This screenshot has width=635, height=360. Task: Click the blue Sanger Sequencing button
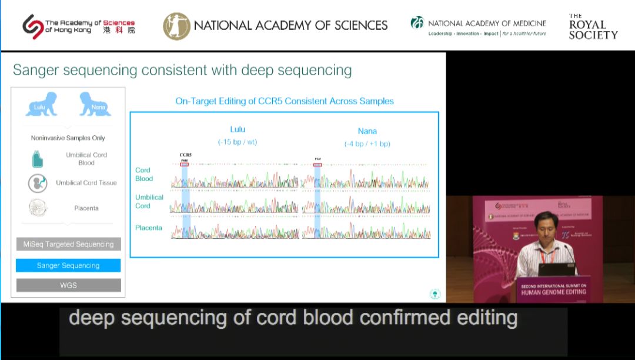click(68, 265)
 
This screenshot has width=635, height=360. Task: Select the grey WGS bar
click(68, 285)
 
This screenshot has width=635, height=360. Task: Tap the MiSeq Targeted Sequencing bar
click(68, 244)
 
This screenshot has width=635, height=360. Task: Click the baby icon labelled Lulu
click(41, 104)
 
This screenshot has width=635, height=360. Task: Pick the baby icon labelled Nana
click(95, 104)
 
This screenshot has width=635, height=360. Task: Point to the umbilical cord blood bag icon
click(37, 159)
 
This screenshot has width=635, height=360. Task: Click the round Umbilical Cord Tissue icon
click(38, 183)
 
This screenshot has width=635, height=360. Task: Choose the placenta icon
click(38, 208)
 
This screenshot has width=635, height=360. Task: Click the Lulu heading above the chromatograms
click(238, 129)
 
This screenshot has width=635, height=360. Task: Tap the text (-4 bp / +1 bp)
click(367, 144)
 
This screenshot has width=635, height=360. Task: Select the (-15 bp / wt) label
click(238, 142)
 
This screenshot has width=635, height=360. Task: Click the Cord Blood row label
click(144, 174)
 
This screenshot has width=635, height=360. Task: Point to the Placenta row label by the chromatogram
click(149, 228)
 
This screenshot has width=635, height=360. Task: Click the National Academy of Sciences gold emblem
click(176, 26)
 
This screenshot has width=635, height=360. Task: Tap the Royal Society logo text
click(593, 27)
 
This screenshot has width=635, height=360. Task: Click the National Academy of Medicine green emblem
click(417, 23)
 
